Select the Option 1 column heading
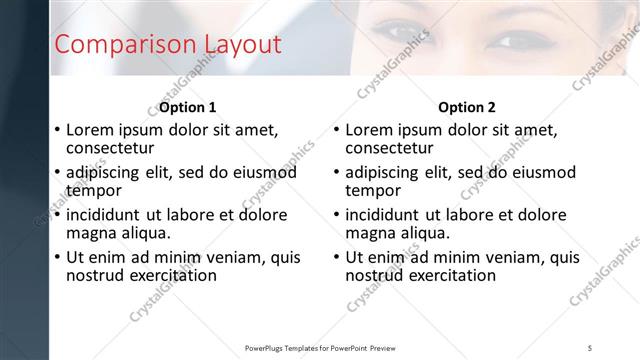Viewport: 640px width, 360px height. [188, 107]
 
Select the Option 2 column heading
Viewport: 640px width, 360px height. [467, 107]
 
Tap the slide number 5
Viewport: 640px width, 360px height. [591, 347]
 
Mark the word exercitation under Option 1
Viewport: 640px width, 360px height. [169, 275]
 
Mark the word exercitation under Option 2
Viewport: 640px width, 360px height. [449, 275]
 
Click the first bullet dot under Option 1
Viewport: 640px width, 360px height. [57, 130]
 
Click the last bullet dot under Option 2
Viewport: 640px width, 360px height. [337, 257]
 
